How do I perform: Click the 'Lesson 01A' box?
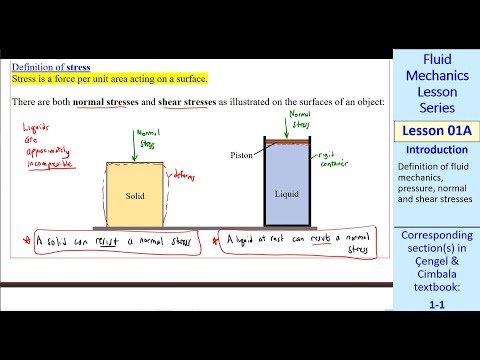(437, 133)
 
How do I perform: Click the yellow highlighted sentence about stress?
(110, 79)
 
